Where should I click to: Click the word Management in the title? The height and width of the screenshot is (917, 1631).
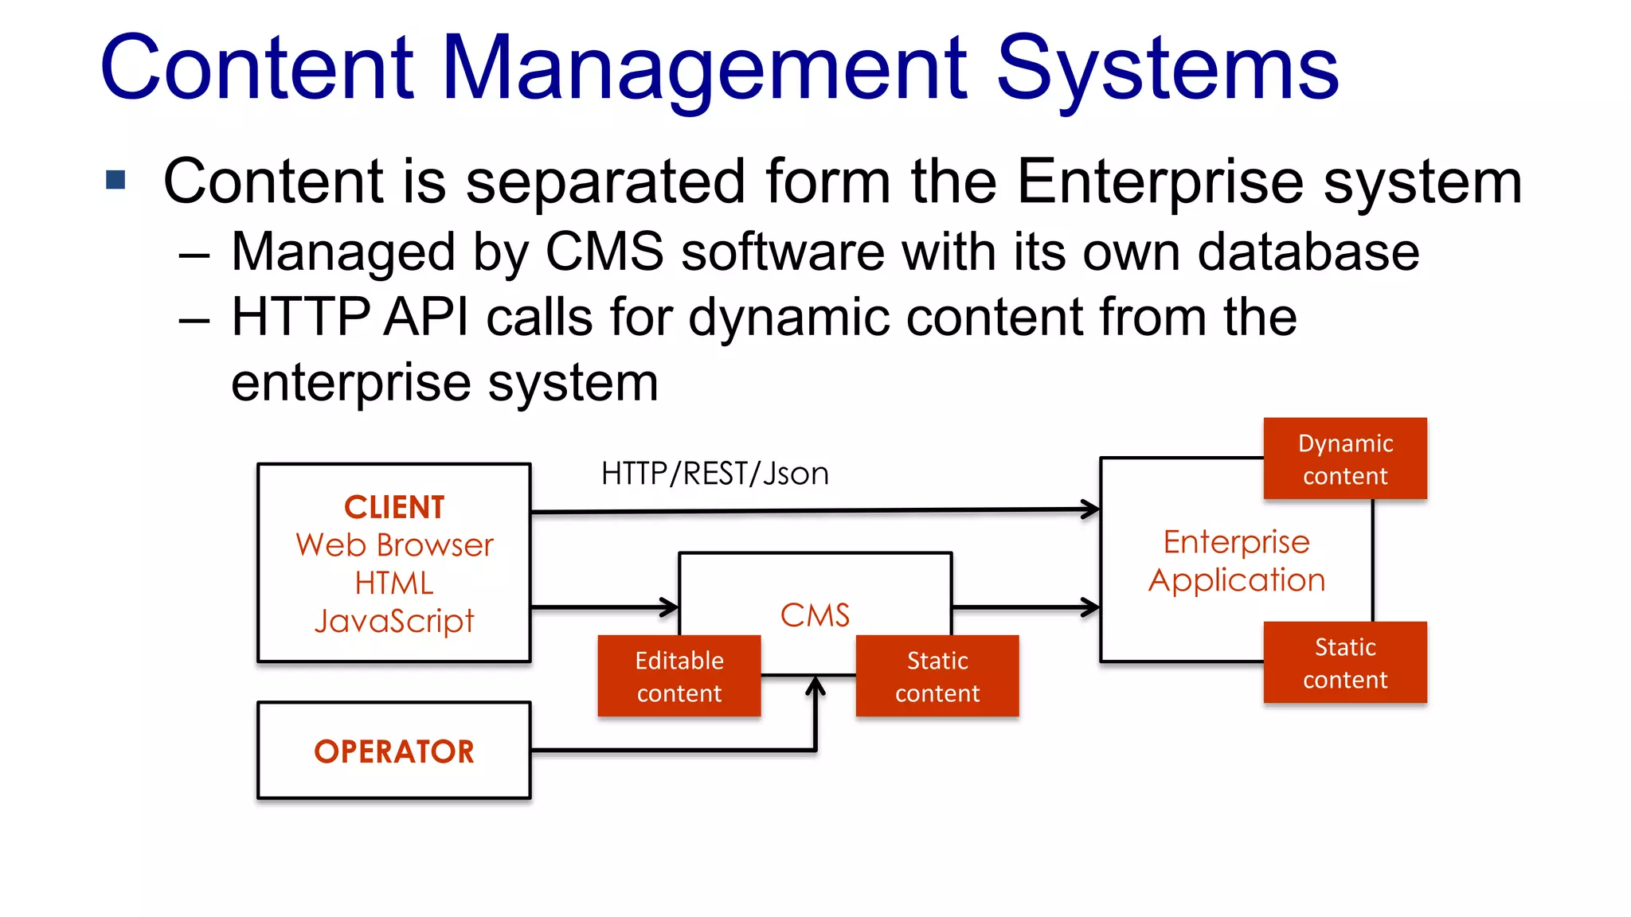[704, 70]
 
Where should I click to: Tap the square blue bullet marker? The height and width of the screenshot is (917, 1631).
[116, 180]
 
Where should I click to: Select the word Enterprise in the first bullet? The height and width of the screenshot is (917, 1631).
[1159, 181]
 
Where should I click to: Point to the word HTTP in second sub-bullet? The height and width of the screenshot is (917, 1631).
[300, 317]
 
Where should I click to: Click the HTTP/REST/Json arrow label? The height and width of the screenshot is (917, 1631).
[714, 474]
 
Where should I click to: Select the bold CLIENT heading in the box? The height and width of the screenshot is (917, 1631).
[394, 507]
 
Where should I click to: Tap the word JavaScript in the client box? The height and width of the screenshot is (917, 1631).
[394, 621]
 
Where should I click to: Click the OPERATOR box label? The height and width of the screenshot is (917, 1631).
[394, 751]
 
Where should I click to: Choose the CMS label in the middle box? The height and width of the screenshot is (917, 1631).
[815, 615]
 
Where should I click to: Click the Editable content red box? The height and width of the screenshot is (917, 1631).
[679, 676]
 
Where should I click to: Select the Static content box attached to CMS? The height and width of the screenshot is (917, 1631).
[937, 676]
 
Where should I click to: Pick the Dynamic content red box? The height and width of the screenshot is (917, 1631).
[1345, 458]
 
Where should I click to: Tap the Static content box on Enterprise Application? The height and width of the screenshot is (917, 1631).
[1345, 662]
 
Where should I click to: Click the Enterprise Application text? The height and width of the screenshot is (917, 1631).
[1236, 560]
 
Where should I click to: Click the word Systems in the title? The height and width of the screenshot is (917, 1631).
[1168, 70]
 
